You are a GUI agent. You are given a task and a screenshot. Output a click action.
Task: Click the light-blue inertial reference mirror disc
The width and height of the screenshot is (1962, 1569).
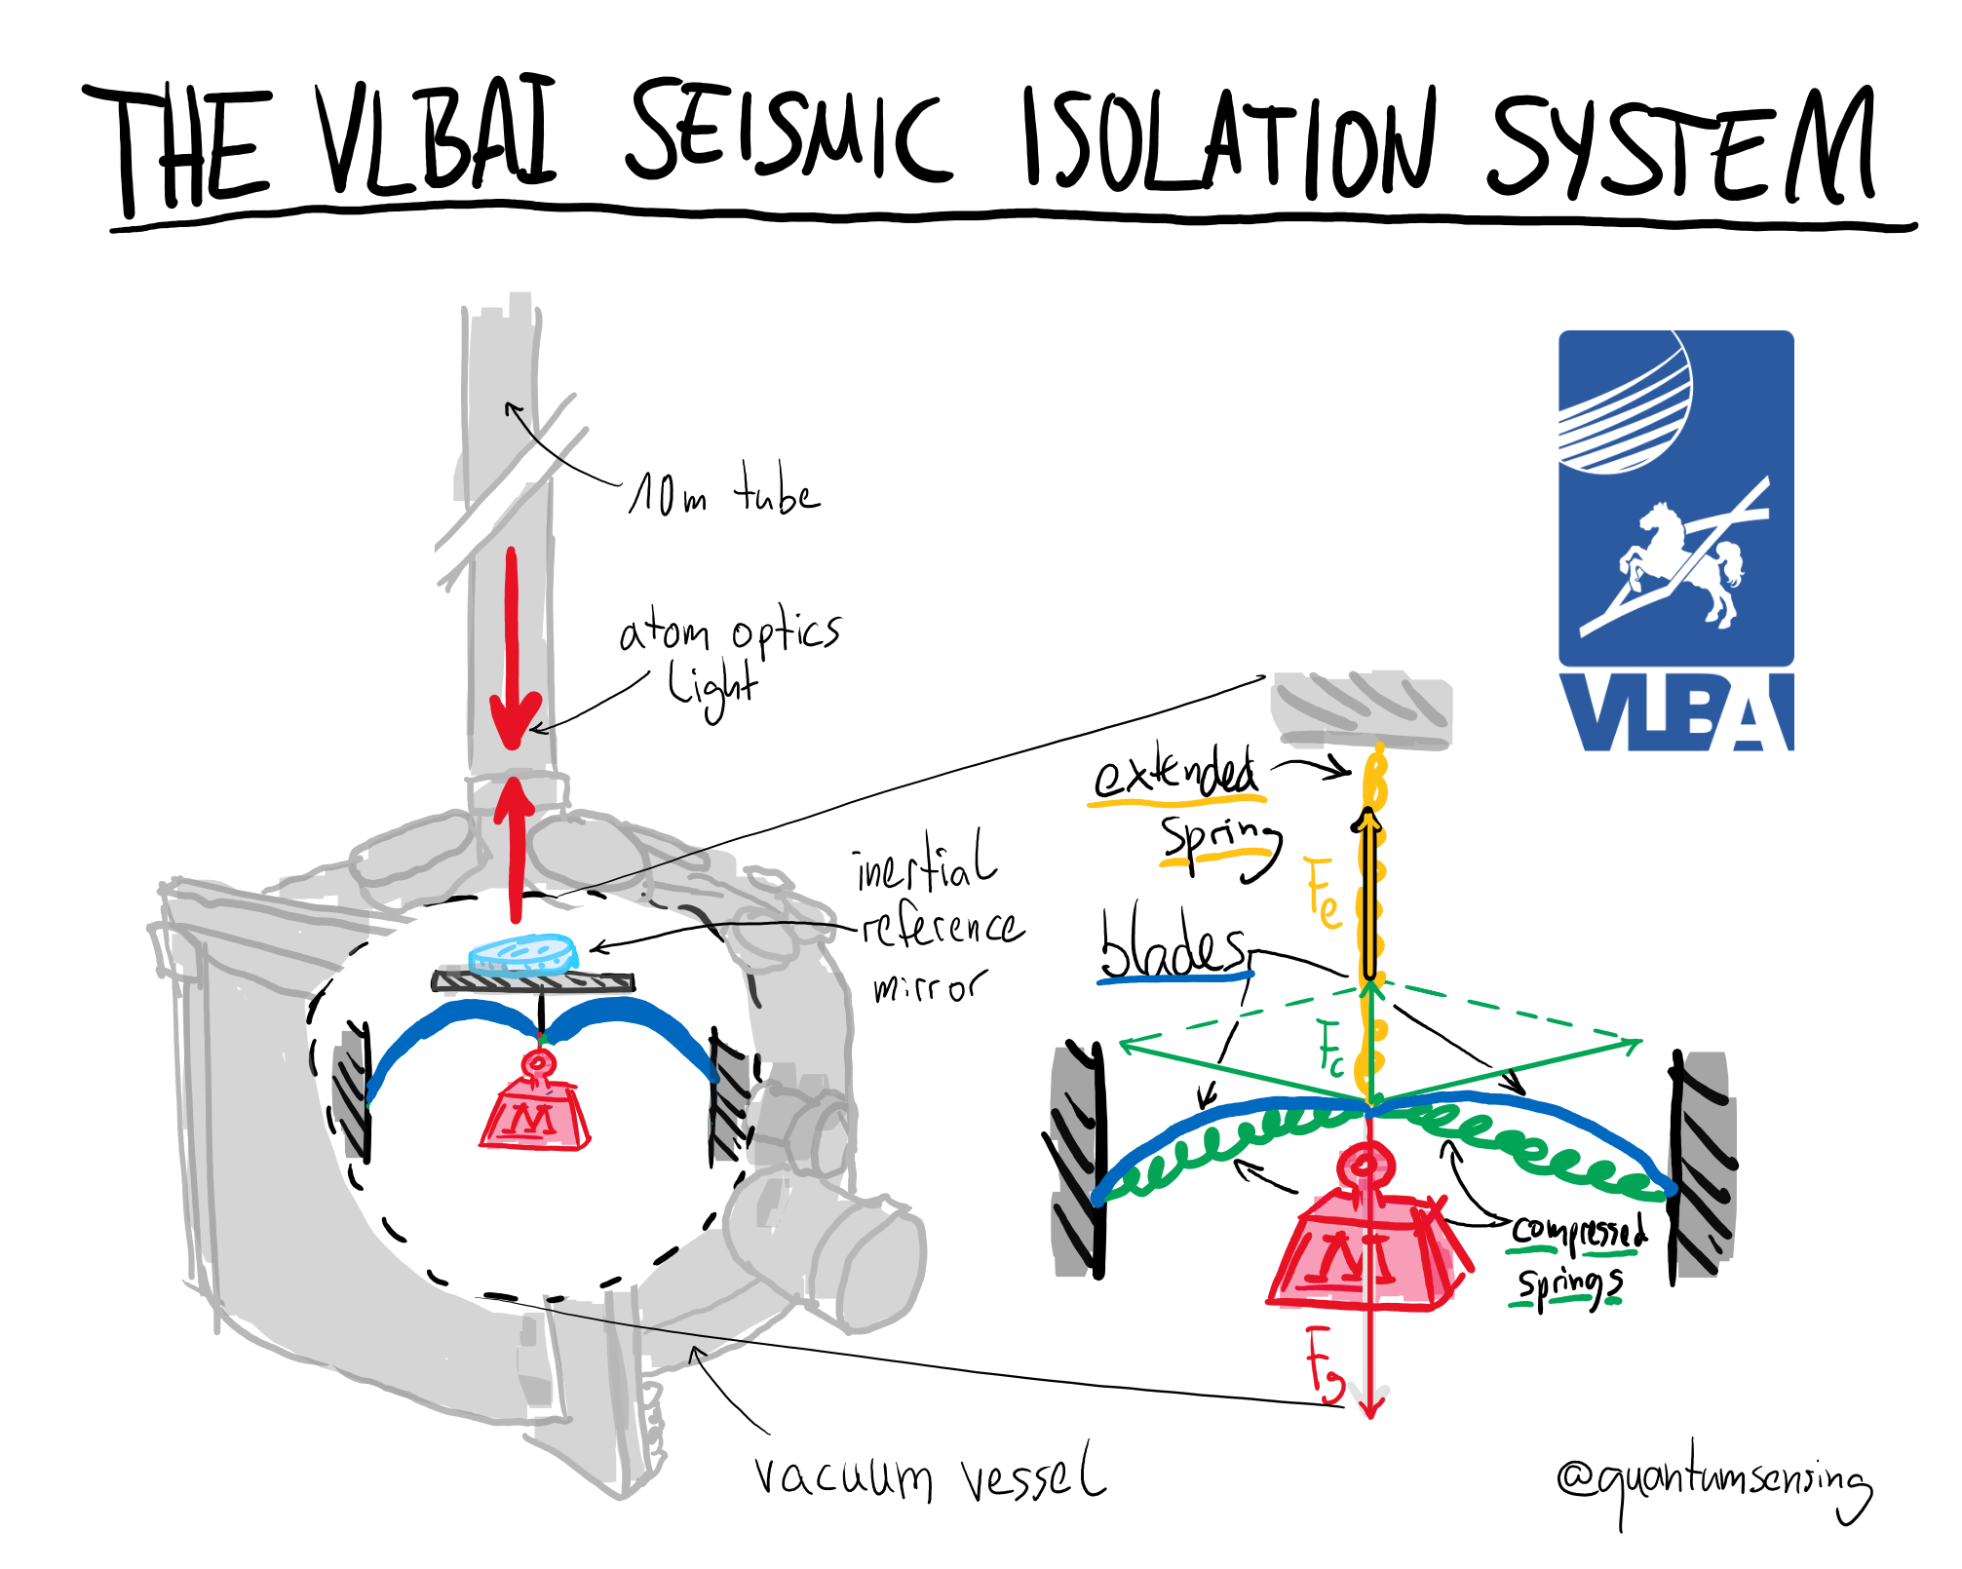coord(523,953)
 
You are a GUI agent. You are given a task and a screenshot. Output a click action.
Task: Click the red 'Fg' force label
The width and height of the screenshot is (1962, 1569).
coord(1324,1363)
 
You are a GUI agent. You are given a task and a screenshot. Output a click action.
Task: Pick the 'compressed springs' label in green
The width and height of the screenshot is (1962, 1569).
coord(1575,1257)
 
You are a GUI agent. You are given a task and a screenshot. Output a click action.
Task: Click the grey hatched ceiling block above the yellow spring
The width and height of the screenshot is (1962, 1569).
coord(1361,708)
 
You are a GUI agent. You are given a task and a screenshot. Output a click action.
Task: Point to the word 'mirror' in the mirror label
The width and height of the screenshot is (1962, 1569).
coord(929,986)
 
